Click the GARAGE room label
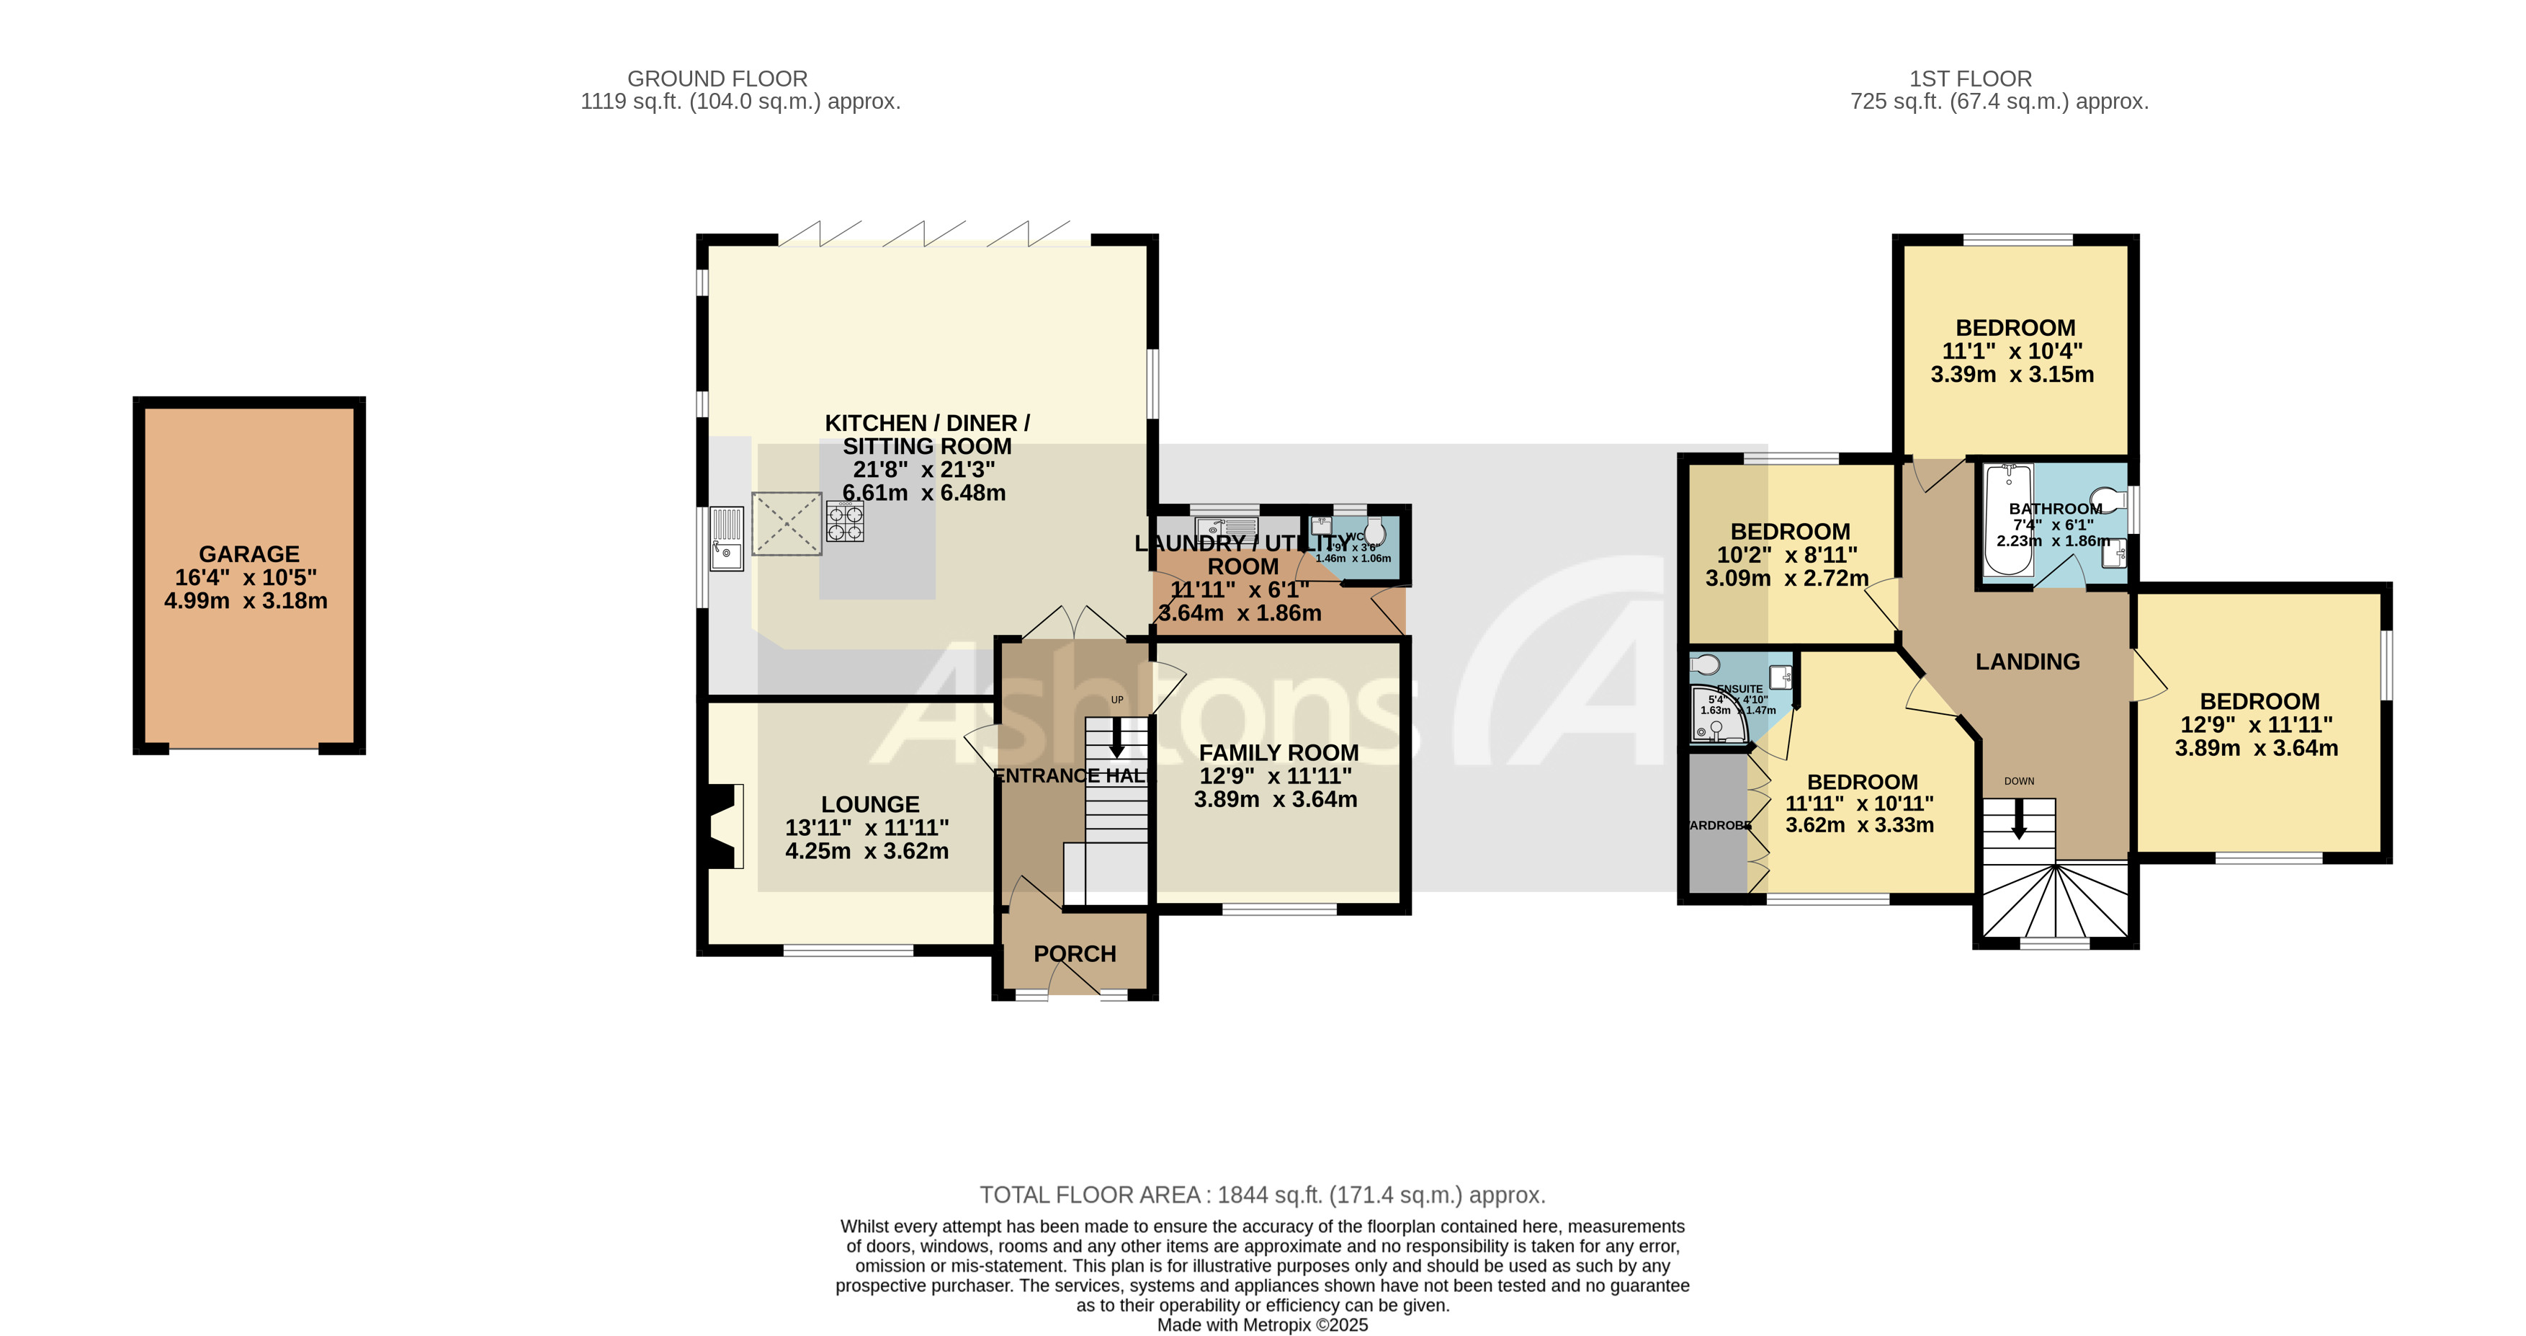pyautogui.click(x=249, y=554)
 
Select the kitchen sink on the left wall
pyautogui.click(x=727, y=538)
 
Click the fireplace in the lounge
pyautogui.click(x=724, y=826)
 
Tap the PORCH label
pyautogui.click(x=1075, y=953)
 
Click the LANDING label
pyautogui.click(x=2027, y=662)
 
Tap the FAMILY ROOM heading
pyautogui.click(x=1278, y=752)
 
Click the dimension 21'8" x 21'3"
pyautogui.click(x=923, y=470)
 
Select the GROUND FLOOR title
pyautogui.click(x=717, y=79)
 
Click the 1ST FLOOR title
pyautogui.click(x=1970, y=79)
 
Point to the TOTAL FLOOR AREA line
pyautogui.click(x=1262, y=1195)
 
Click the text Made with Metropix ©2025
pyautogui.click(x=1262, y=1325)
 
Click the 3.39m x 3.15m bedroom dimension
pyautogui.click(x=2012, y=375)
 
